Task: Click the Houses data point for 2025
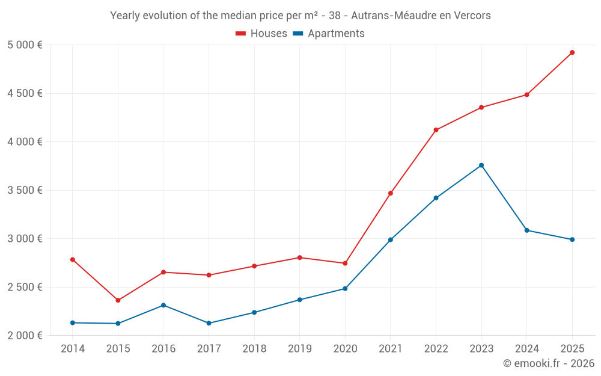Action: point(572,52)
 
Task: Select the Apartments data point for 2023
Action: point(481,165)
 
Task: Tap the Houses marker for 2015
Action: point(118,300)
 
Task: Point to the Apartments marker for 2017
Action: point(209,323)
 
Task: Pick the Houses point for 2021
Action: point(391,193)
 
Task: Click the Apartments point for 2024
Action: point(526,230)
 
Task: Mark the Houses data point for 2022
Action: point(436,130)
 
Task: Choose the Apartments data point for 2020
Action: point(345,289)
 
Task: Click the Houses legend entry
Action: point(261,34)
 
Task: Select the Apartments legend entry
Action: point(329,34)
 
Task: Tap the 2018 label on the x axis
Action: point(254,349)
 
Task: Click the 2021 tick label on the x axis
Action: point(391,349)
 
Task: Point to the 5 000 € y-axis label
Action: point(25,45)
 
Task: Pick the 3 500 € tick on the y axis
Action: point(25,190)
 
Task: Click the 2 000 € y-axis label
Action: point(25,336)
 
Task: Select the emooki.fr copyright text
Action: point(549,363)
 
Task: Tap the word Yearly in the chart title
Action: point(125,16)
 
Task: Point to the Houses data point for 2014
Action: point(73,260)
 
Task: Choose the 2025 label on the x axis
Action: point(572,349)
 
